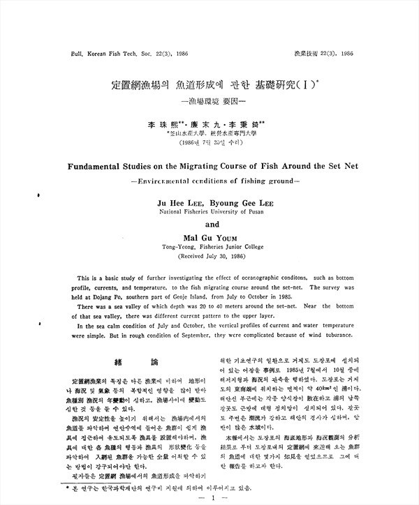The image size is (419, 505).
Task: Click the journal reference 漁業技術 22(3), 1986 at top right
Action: (x=325, y=53)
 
